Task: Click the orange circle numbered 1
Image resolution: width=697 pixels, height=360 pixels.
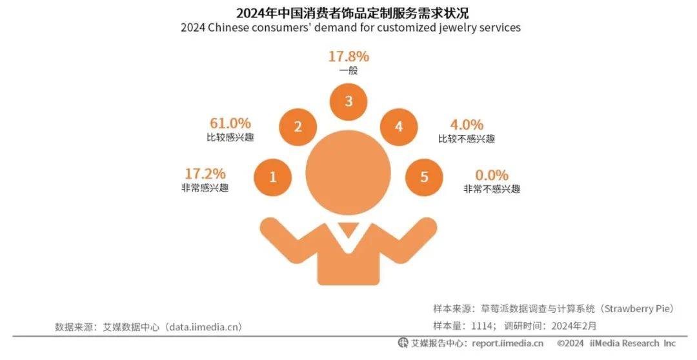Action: (x=272, y=177)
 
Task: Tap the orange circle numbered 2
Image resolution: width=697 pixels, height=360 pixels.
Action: (x=298, y=126)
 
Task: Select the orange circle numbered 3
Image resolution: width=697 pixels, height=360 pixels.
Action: (x=348, y=101)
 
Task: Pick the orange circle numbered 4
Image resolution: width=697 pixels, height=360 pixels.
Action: (x=399, y=126)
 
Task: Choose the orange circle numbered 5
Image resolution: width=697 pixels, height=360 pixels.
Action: (x=424, y=177)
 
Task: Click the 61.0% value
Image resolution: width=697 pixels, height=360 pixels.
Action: (x=230, y=123)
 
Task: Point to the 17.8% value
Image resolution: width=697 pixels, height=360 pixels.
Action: (x=348, y=56)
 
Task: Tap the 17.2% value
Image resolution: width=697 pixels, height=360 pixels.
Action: (x=205, y=174)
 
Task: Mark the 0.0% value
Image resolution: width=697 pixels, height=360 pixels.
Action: (x=492, y=175)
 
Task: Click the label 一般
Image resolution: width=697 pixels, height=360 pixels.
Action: (x=348, y=71)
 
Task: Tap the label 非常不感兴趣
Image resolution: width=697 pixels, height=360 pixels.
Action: (x=492, y=189)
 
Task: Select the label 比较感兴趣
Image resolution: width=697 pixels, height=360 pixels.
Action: (x=230, y=137)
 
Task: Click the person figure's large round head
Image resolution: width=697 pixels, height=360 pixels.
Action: (x=348, y=170)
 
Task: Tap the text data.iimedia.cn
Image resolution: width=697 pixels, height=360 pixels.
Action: (x=205, y=327)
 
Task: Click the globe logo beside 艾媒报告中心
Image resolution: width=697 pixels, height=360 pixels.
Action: (x=403, y=343)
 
